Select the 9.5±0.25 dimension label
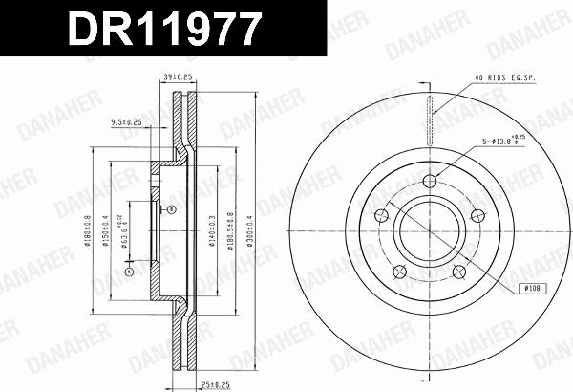[x=126, y=122]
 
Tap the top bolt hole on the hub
[x=430, y=182]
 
